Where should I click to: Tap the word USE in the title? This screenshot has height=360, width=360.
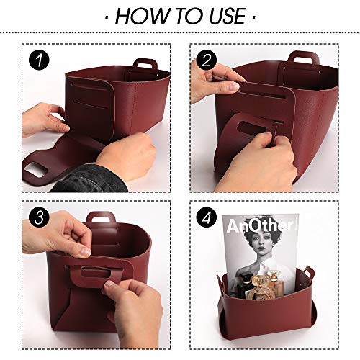coord(228,17)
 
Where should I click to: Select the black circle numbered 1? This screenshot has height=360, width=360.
coord(39,60)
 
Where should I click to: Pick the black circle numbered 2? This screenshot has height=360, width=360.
coord(206,60)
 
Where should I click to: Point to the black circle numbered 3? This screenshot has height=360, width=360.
coord(39,217)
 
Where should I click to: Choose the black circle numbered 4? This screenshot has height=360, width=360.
coord(206,217)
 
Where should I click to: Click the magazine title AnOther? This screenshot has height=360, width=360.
coord(261,225)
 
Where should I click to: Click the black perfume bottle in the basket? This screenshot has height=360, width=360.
coord(243,287)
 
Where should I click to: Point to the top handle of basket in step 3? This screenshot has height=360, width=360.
coord(101,217)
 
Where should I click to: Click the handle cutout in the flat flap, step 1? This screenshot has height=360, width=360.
coord(36,170)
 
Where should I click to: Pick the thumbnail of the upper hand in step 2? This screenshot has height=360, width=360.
coord(233,86)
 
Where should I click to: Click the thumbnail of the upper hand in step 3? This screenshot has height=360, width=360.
coord(86,251)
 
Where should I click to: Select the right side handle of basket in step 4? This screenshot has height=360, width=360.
coord(309,271)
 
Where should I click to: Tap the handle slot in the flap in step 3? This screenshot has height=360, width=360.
coord(94,272)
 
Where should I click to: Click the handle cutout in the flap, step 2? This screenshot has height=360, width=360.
coord(251,127)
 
